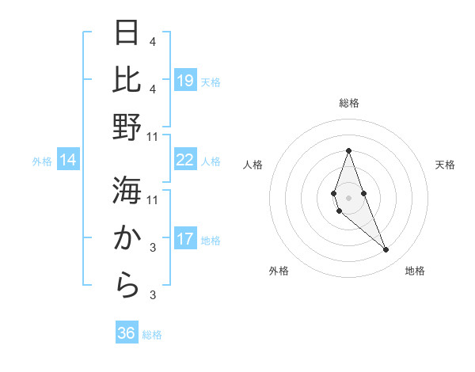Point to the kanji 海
(127, 191)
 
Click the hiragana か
(127, 238)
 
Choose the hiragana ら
(127, 286)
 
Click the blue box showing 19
(185, 81)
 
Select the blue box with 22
(185, 160)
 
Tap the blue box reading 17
(185, 239)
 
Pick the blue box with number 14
(68, 161)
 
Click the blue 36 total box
(127, 333)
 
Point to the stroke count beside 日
(152, 41)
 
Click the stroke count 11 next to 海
(153, 199)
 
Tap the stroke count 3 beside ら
(152, 295)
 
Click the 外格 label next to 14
(42, 161)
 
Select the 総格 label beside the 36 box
(152, 335)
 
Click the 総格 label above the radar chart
(348, 103)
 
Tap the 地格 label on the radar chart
(415, 271)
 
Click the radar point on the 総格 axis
(348, 150)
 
